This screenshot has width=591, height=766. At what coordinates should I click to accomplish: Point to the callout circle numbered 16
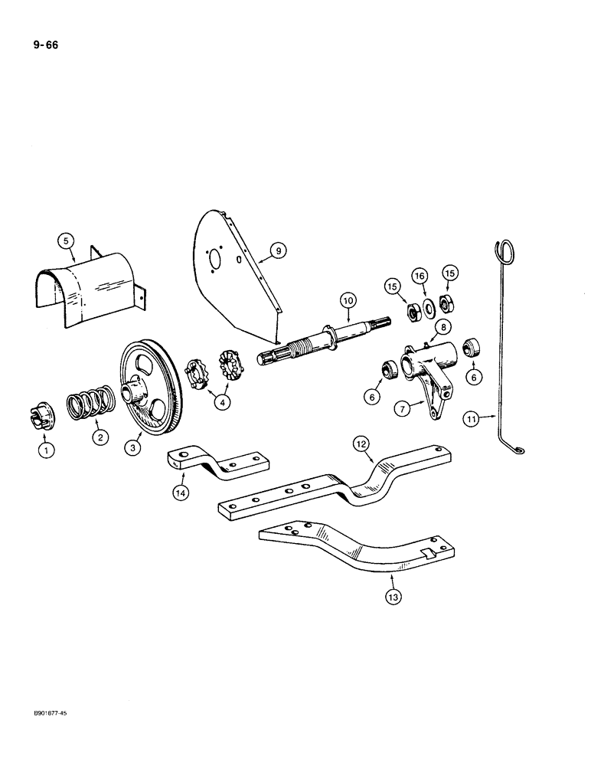coord(420,276)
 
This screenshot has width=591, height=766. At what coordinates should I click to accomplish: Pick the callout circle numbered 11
coord(472,418)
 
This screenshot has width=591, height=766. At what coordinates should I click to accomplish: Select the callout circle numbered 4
coord(220,402)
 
